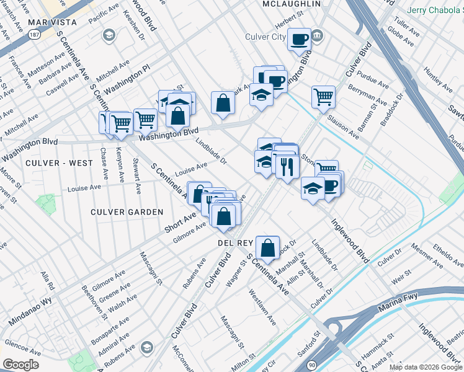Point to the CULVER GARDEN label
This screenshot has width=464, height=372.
(x=127, y=212)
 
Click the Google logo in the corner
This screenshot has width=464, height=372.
(x=20, y=365)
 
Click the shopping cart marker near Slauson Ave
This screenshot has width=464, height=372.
(x=323, y=96)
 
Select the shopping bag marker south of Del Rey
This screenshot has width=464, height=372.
(x=267, y=247)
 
